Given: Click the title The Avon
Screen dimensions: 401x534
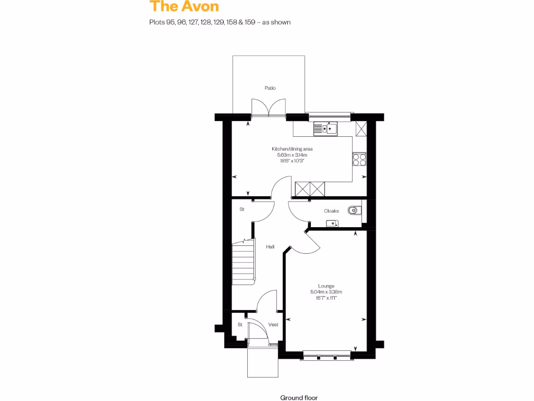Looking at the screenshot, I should coord(184,7).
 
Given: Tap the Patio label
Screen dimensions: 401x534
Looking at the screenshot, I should coord(270,88).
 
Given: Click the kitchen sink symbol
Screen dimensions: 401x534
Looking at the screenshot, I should coord(325,127).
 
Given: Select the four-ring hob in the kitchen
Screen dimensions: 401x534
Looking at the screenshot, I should coord(359,159).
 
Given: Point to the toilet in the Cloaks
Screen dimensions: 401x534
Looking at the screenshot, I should coord(354,211).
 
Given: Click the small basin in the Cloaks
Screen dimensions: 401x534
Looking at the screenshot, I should coord(331,223).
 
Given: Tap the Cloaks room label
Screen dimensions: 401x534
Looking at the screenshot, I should coord(332,211).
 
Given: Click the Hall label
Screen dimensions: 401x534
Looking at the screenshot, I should coord(270,247).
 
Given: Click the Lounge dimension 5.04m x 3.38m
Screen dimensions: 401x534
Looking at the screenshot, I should coord(326,292).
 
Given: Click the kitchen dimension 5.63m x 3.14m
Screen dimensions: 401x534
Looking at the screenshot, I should coord(293,155).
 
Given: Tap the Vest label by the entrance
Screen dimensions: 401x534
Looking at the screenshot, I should coord(273,325).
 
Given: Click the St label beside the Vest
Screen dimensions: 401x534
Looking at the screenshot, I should coord(240,325).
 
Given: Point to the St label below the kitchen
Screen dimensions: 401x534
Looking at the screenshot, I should coord(242,209).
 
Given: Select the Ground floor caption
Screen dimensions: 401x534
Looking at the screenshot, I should coord(299,397).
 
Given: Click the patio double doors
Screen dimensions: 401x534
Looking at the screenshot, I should coord(269,108).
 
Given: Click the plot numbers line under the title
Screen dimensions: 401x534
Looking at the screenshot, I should coord(220,22).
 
